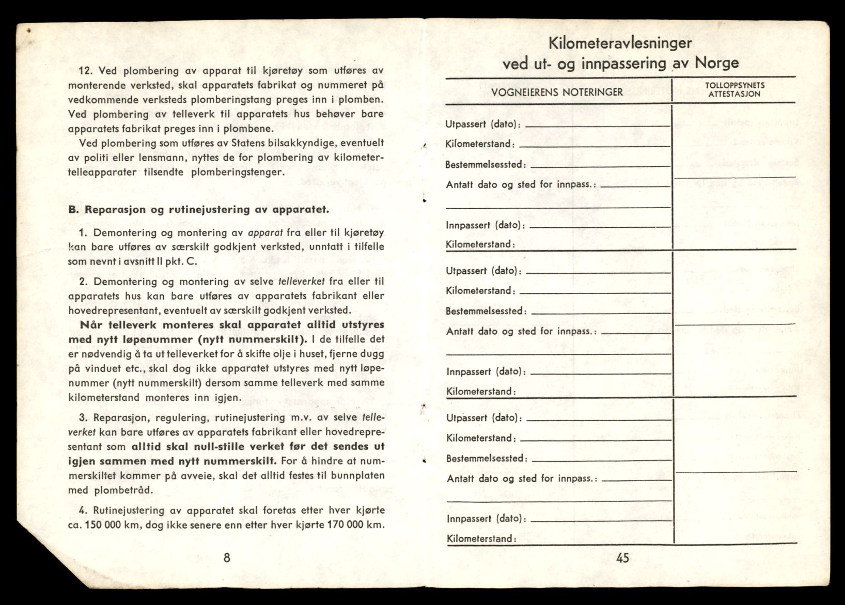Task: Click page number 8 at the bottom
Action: [x=226, y=558]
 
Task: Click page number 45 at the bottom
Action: [x=622, y=558]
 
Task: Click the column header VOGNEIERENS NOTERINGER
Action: [x=557, y=92]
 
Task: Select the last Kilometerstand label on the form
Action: [x=481, y=539]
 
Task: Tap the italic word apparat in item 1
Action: [x=265, y=232]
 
